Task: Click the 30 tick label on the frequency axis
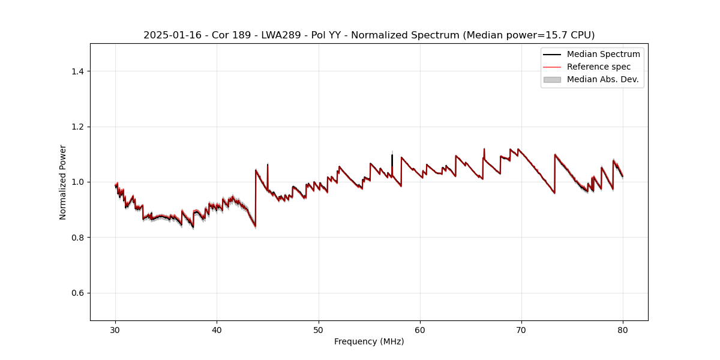point(115,329)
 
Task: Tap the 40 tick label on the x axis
point(217,329)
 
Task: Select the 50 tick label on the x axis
point(319,329)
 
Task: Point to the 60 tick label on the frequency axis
point(420,329)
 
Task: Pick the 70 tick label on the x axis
point(521,329)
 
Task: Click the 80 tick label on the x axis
point(623,329)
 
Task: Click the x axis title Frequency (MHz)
point(369,341)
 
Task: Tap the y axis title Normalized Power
point(63,182)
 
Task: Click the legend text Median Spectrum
point(603,54)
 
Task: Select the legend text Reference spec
point(599,67)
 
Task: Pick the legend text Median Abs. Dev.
point(602,79)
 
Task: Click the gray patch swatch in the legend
point(552,79)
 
